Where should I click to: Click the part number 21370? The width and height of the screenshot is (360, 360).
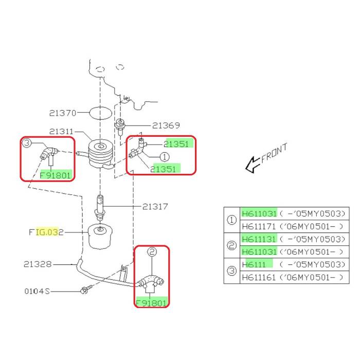tap(63, 113)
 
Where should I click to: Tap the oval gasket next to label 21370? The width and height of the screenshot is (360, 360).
tap(100, 112)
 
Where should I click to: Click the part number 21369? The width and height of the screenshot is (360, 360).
tap(166, 125)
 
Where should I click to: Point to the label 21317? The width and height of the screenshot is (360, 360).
tap(156, 207)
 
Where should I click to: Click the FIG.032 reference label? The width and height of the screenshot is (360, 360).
tap(46, 232)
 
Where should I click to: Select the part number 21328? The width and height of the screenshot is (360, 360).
tap(38, 264)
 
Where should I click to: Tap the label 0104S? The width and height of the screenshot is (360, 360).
tap(38, 291)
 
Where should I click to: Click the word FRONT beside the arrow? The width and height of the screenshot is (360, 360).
tap(274, 153)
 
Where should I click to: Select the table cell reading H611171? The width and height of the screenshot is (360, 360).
tap(259, 226)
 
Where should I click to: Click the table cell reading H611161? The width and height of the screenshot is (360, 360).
tap(259, 277)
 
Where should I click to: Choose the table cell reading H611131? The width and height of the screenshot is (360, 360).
tap(259, 239)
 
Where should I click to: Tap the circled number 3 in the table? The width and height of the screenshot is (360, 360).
tap(232, 271)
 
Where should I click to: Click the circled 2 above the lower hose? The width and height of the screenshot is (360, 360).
tap(152, 252)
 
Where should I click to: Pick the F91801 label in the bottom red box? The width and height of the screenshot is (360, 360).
tap(152, 303)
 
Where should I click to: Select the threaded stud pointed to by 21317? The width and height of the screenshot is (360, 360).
tap(101, 206)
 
